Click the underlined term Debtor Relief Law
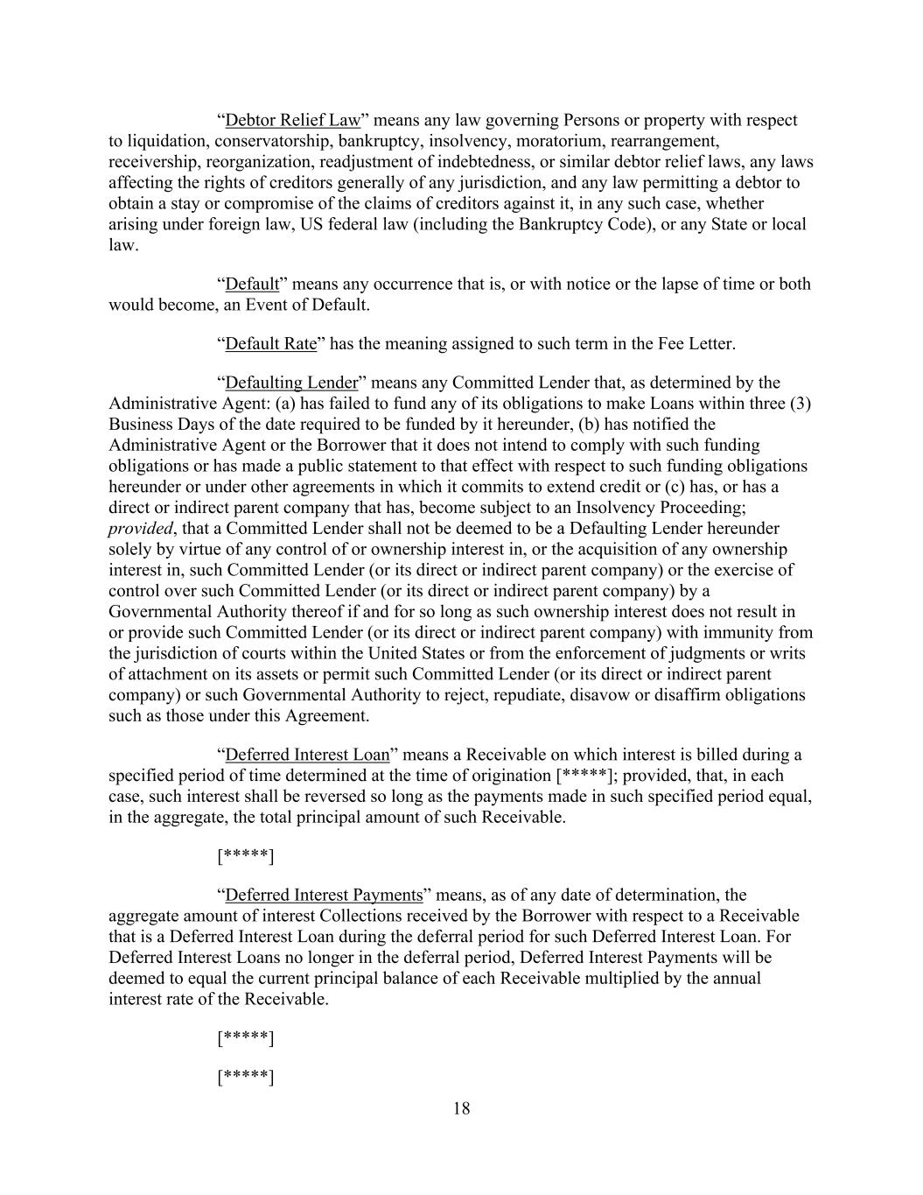point(292,120)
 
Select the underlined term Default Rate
point(270,343)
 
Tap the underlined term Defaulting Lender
point(291,383)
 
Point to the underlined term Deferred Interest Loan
point(307,755)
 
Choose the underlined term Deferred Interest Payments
point(324,895)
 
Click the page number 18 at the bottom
point(462,1109)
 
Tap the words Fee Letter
point(695,343)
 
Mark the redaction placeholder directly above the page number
point(246,1077)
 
